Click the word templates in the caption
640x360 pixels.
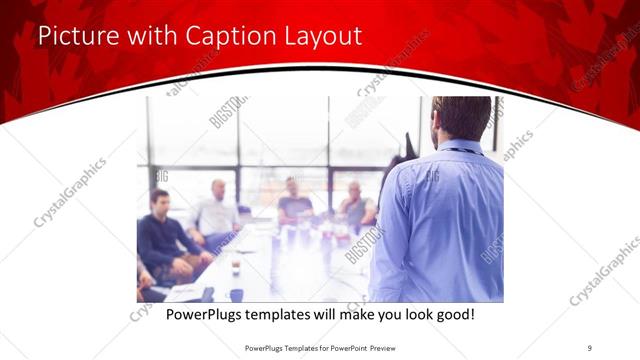pos(295,315)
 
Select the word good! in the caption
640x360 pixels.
pos(453,315)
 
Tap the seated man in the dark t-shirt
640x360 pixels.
pos(295,203)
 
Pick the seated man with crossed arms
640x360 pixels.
pos(355,206)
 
